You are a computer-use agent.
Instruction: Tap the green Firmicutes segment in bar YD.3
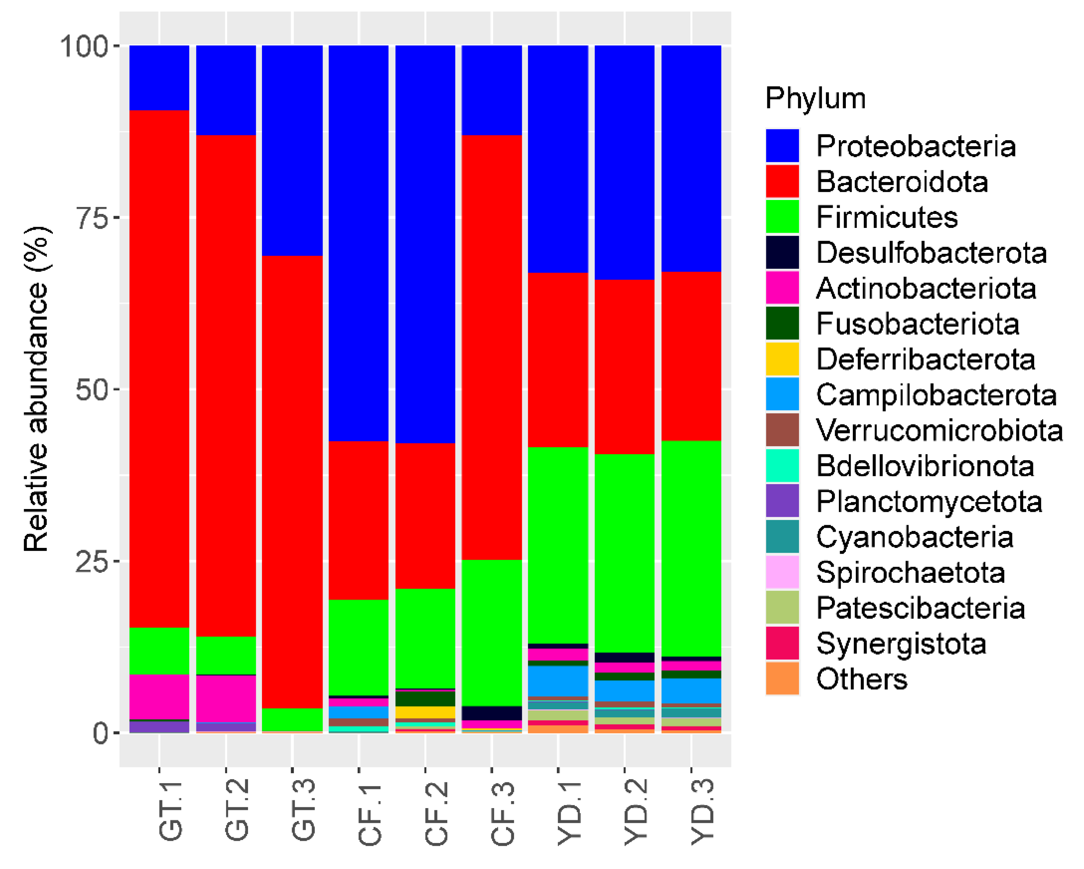[x=691, y=549]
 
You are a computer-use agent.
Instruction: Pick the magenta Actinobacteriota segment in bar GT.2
[x=226, y=698]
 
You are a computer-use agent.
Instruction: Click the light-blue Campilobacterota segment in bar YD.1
[x=558, y=681]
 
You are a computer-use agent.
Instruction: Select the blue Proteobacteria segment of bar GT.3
[x=292, y=150]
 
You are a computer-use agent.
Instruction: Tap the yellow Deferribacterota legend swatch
[x=782, y=359]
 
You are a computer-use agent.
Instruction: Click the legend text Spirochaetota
[x=910, y=572]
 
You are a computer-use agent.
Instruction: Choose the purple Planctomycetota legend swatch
[x=782, y=501]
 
